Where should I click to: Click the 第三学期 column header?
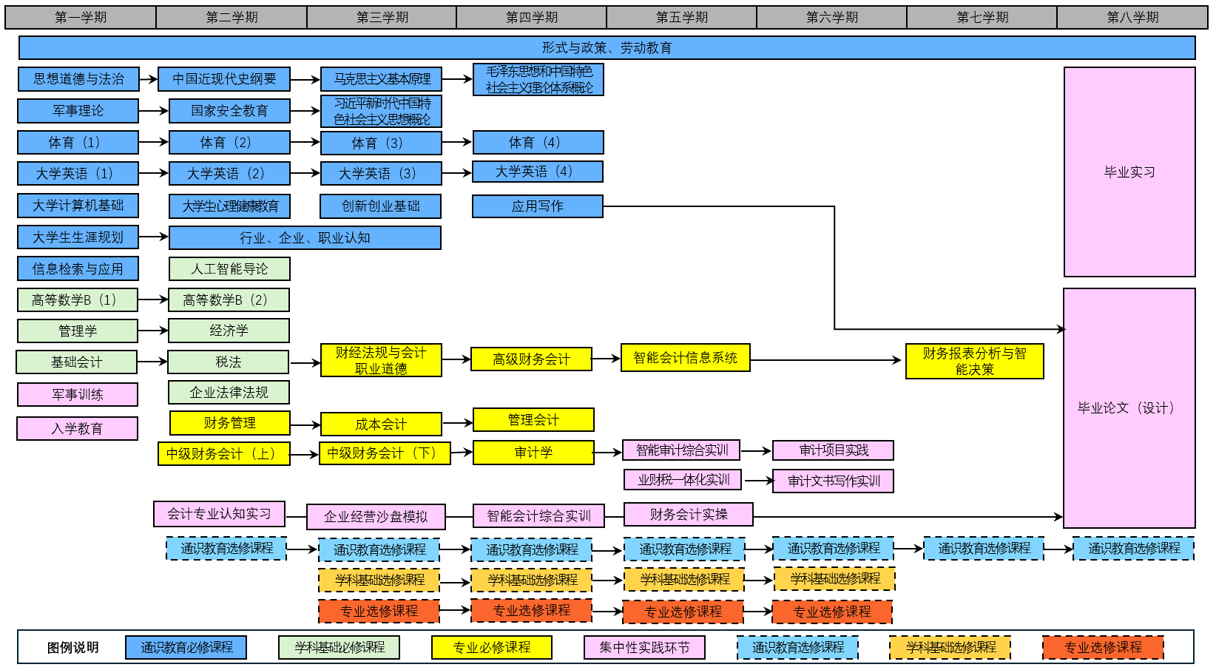382,17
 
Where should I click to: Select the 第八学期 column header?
1132,17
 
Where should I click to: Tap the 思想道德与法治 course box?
78,79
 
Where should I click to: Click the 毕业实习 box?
1129,172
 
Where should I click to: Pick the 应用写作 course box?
537,206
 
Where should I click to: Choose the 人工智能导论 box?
229,268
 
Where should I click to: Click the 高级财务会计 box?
531,359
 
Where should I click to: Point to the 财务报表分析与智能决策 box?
974,361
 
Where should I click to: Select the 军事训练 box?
78,394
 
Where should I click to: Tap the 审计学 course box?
533,453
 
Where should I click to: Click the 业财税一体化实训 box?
683,480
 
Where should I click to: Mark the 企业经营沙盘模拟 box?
376,516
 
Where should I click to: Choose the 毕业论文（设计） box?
1129,407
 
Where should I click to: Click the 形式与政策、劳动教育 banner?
607,48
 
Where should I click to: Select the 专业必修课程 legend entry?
492,647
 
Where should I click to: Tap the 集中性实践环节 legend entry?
644,647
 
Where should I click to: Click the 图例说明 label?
72,648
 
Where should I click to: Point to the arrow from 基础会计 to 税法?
152,362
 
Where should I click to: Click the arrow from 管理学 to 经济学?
153,331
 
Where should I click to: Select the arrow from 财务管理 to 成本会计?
305,424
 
